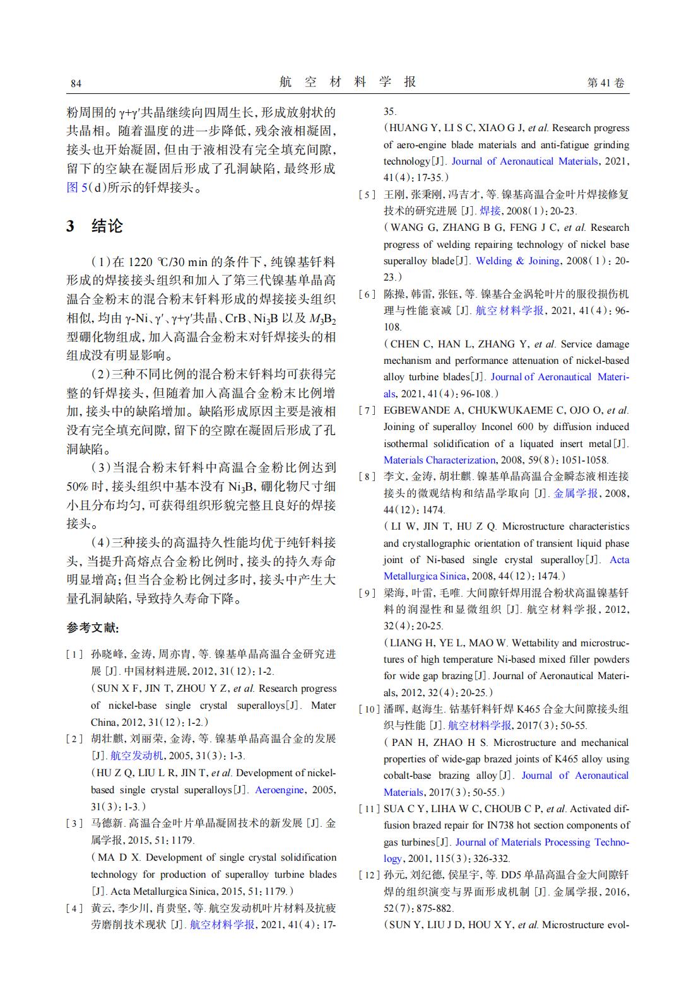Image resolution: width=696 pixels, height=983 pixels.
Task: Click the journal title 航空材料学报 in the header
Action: click(348, 82)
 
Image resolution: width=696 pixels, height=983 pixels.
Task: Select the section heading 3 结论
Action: click(95, 226)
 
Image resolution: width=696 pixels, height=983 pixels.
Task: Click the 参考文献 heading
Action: click(93, 628)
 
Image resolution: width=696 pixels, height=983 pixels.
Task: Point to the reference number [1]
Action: click(75, 654)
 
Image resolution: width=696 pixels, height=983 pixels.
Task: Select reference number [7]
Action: click(367, 410)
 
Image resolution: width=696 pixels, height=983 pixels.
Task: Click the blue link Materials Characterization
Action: click(439, 460)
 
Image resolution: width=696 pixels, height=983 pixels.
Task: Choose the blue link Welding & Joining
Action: click(517, 261)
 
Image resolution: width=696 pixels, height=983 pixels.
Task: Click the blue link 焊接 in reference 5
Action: click(490, 211)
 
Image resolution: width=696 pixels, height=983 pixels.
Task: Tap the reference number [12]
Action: click(369, 875)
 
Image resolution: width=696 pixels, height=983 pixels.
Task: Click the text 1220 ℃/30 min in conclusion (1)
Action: click(167, 262)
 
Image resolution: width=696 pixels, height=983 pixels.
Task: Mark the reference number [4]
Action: click(75, 909)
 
